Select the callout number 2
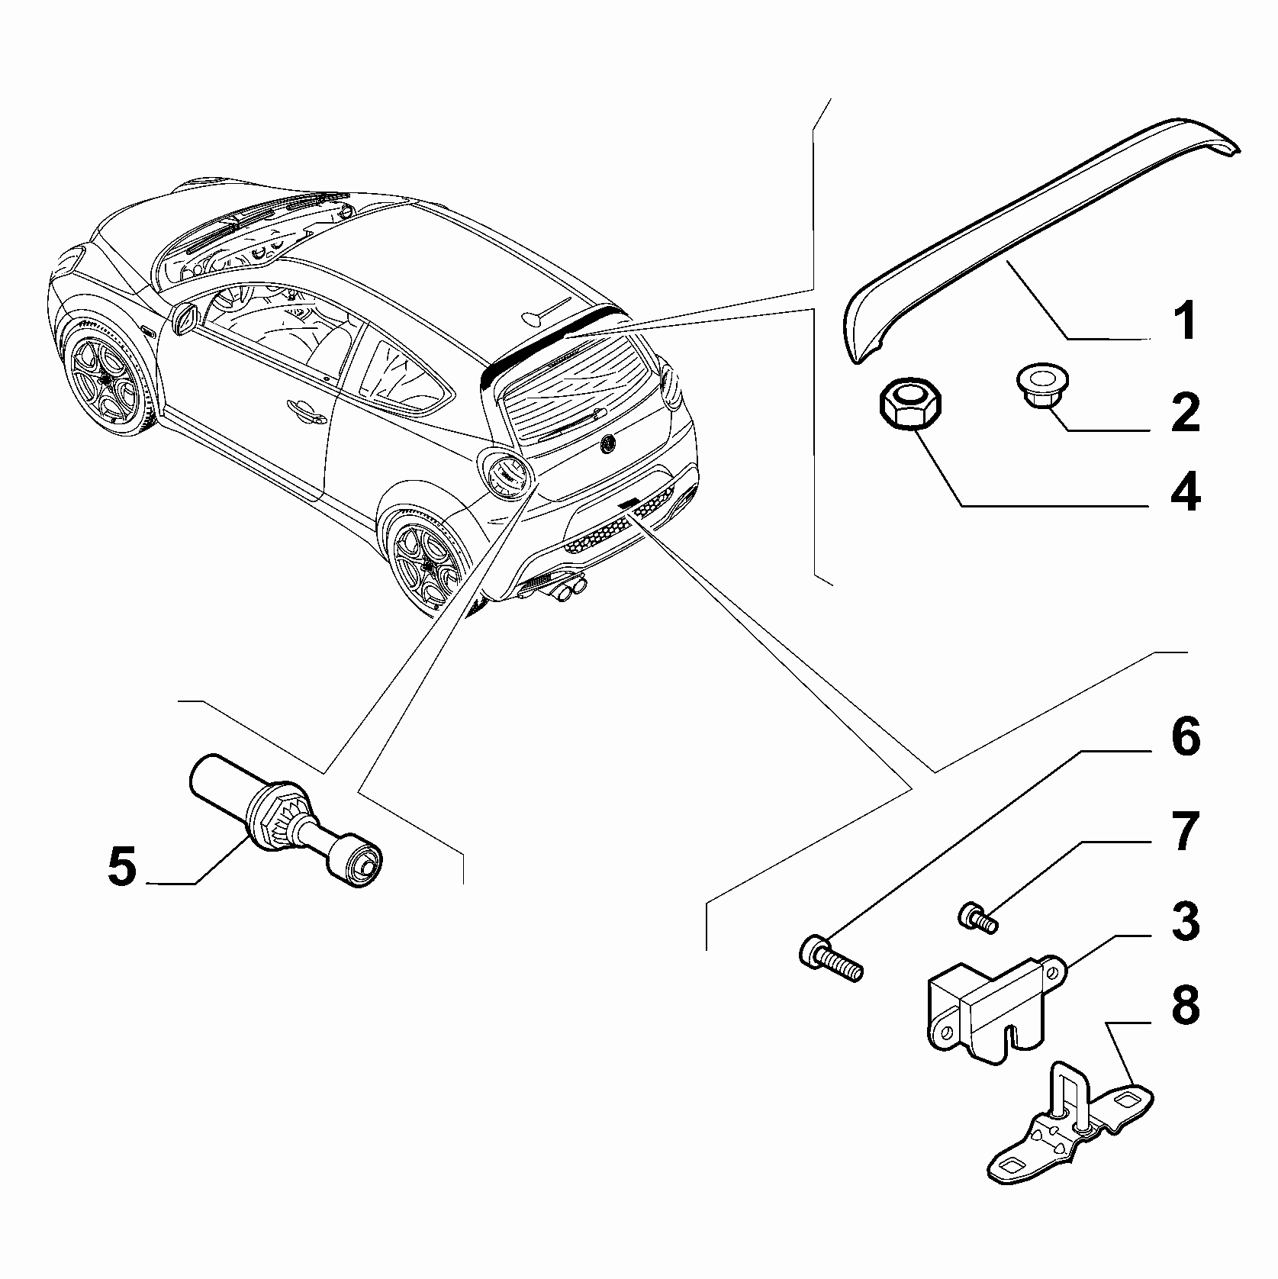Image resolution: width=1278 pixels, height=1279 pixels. [x=1185, y=413]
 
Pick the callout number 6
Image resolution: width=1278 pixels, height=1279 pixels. [x=1185, y=738]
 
